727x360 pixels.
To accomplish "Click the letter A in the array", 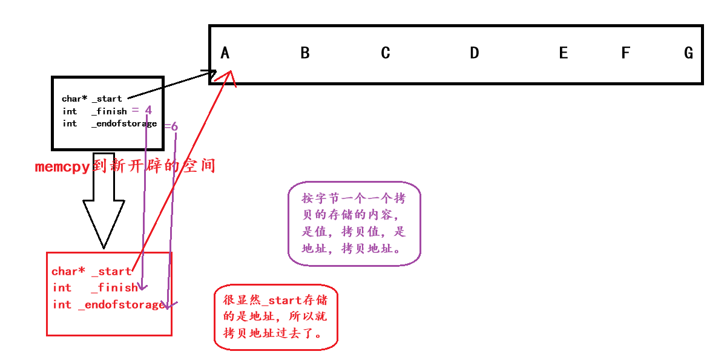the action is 225,53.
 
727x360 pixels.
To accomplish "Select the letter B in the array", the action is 305,53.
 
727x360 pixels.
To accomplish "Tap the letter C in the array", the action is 386,53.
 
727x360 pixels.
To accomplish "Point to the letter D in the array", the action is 475,53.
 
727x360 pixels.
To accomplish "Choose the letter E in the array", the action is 564,53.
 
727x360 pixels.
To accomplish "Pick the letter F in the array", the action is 626,53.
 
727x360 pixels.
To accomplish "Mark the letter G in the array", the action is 689,53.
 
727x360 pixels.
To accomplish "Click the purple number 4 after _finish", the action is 148,110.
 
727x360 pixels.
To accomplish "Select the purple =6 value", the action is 171,126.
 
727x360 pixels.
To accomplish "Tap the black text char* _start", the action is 91,99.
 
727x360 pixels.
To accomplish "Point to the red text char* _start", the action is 91,272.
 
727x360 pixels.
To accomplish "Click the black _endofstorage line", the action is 110,123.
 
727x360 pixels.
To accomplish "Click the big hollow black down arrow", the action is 104,212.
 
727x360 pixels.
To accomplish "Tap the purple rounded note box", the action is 354,223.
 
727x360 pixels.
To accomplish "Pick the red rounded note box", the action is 276,317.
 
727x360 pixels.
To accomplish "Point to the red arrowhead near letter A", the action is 229,76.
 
